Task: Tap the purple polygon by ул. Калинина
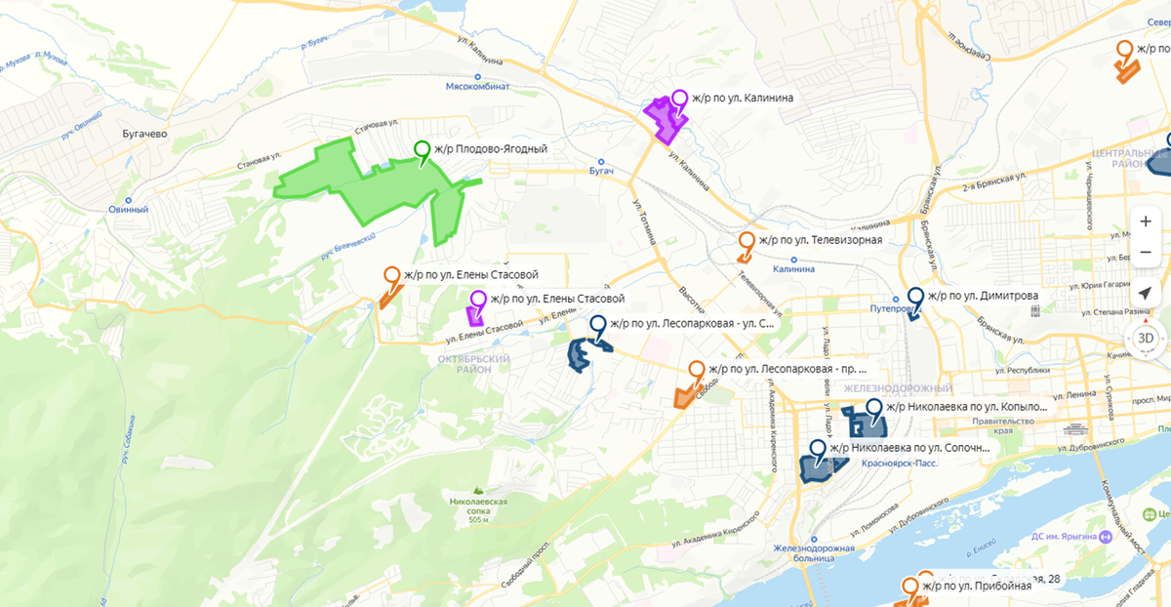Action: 666,117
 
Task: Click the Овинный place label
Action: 128,209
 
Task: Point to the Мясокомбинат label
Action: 477,86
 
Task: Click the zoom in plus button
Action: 1146,222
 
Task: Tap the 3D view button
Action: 1146,339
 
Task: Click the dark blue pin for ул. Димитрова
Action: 915,297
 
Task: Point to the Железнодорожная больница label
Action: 813,553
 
